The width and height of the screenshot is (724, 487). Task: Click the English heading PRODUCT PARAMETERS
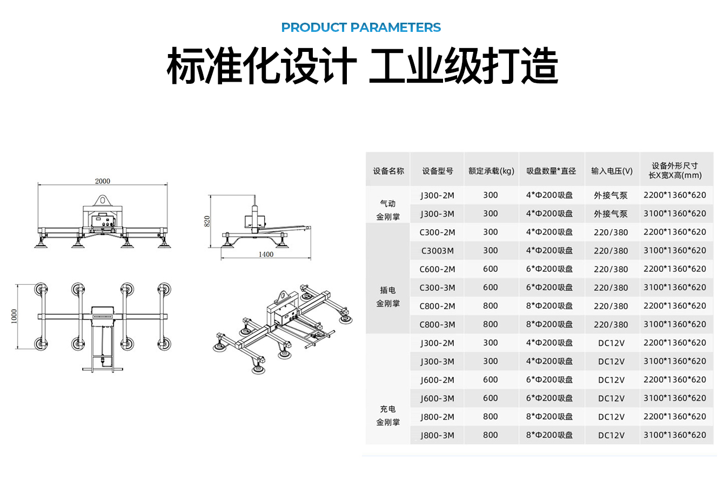click(361, 28)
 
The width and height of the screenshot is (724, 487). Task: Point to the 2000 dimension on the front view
click(103, 181)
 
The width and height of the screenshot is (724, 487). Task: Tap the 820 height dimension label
click(207, 221)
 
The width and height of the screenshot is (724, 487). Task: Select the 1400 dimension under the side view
click(266, 255)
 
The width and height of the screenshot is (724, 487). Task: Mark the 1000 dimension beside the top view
click(14, 316)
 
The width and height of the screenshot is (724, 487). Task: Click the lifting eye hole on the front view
click(103, 200)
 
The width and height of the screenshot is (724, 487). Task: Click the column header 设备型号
click(438, 171)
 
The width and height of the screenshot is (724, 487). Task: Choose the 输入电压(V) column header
click(612, 171)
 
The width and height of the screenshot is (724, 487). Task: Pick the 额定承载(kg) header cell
click(491, 171)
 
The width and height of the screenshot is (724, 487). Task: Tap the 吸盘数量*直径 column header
click(551, 171)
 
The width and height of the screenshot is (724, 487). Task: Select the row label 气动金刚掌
click(388, 210)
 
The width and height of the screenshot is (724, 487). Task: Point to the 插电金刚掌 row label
click(388, 297)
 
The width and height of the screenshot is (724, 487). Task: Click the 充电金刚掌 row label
click(388, 416)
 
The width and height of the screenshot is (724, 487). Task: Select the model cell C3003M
click(437, 251)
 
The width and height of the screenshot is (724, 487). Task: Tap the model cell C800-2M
click(437, 306)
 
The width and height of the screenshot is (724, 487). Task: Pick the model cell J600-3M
click(437, 398)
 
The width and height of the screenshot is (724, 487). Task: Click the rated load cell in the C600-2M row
click(490, 269)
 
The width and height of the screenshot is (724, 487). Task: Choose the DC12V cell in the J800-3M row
click(611, 435)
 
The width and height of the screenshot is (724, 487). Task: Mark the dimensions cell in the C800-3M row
click(674, 324)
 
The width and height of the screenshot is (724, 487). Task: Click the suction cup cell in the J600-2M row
click(549, 379)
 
